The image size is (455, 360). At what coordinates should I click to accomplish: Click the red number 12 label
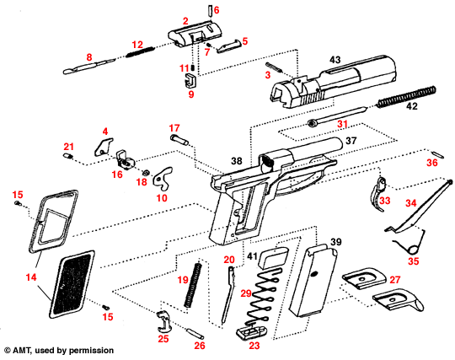[x=137, y=43]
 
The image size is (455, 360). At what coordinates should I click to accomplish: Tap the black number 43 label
[x=335, y=60]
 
